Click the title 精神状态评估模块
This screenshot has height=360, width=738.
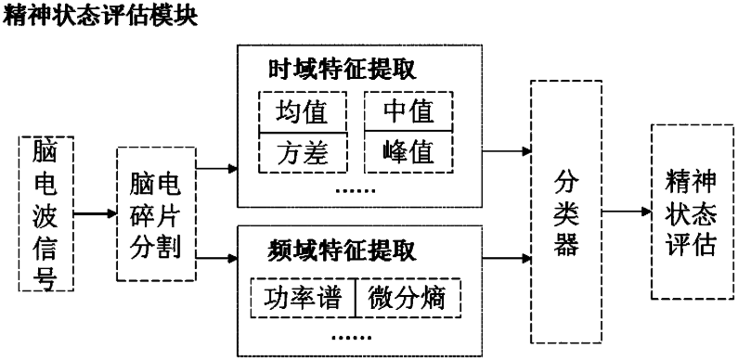[99, 17]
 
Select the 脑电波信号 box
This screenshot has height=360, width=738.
[46, 213]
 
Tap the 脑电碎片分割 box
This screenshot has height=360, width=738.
[156, 214]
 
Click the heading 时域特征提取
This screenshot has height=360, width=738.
[343, 71]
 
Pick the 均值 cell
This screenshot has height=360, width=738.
[303, 112]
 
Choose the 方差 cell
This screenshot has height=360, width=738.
[303, 153]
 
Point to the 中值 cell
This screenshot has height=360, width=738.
[408, 111]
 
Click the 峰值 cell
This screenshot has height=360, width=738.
[408, 151]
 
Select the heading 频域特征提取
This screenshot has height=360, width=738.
[343, 251]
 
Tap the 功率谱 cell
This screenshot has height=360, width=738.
[303, 298]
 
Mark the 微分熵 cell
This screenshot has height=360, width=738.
[408, 298]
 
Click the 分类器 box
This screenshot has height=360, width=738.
[566, 212]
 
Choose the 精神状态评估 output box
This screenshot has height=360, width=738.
[693, 212]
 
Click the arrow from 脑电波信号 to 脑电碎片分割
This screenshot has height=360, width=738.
[95, 213]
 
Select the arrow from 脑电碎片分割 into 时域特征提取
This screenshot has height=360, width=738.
[216, 169]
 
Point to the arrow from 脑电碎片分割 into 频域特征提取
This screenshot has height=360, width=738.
[216, 258]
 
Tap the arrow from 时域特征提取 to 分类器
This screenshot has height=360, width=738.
[507, 151]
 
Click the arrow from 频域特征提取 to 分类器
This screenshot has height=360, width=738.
[507, 258]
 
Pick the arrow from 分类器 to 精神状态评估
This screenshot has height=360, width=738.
[627, 212]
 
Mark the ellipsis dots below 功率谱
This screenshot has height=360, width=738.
[352, 338]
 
